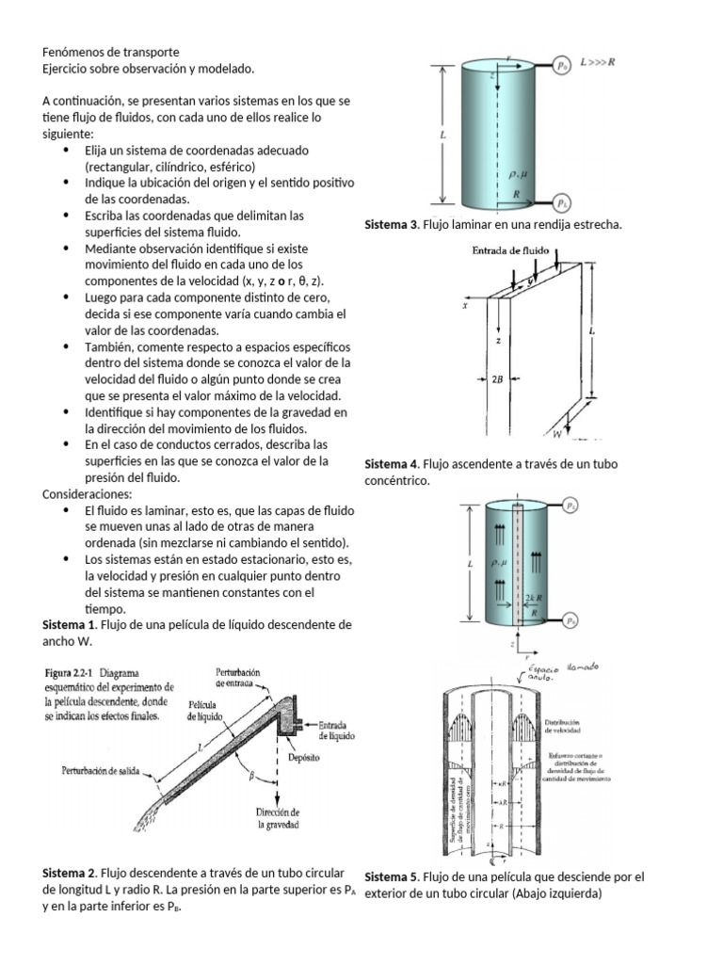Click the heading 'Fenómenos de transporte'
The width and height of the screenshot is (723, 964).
110,52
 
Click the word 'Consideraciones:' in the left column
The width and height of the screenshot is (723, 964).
88,494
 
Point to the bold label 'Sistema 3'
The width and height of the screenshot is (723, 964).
391,226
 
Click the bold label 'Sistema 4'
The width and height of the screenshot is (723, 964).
391,464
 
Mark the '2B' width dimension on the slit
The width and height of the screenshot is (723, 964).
497,380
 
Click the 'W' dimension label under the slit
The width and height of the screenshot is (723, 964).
556,435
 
